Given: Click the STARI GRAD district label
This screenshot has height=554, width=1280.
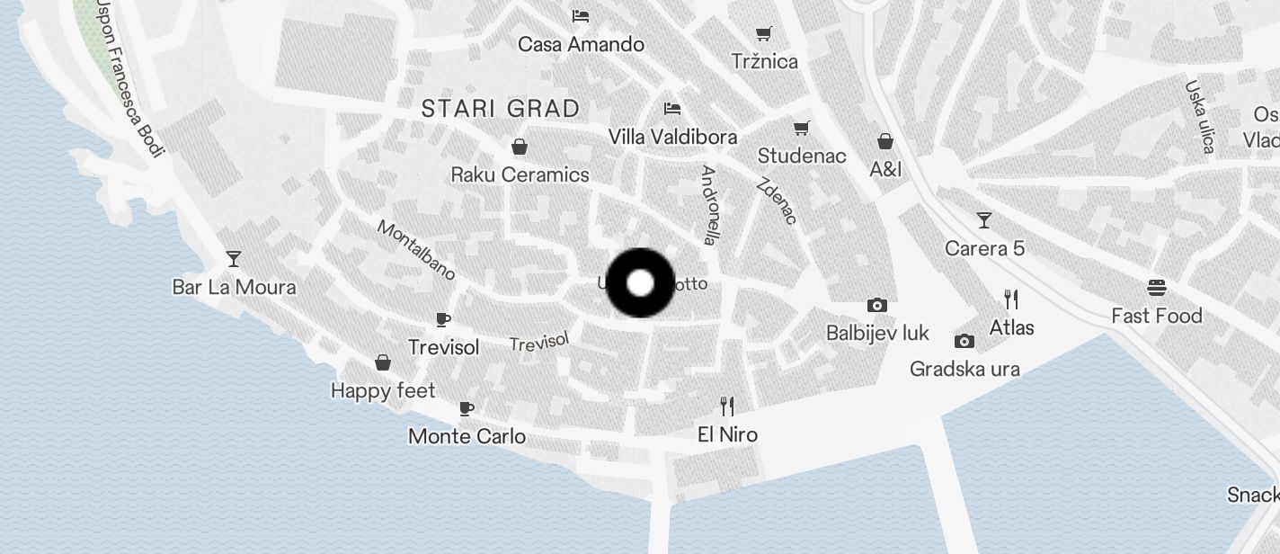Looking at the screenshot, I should (501, 109).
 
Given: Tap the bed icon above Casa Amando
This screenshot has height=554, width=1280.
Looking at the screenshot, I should (581, 16).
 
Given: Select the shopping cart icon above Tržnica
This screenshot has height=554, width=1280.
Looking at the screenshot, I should (764, 34).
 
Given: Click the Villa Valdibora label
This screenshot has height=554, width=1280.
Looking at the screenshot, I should (672, 137).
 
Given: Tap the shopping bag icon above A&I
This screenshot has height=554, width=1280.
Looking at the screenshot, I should (885, 141).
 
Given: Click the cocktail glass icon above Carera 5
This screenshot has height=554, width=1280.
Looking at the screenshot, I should (984, 220).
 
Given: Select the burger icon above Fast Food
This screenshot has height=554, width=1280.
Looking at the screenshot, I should (1157, 288).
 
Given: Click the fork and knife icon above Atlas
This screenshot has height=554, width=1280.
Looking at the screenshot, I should (1012, 299).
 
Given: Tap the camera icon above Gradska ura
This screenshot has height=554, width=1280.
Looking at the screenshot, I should (964, 341).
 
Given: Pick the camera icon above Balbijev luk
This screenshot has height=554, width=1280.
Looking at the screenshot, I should (877, 305).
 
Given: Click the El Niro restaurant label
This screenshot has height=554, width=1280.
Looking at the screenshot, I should (727, 434).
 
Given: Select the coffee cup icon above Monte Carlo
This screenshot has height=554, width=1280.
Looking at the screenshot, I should (467, 408).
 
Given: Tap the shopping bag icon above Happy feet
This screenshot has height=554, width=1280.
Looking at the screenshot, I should (383, 362).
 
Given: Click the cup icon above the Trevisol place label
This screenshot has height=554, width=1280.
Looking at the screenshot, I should (443, 319).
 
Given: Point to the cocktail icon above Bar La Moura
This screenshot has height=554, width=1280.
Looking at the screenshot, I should (234, 259).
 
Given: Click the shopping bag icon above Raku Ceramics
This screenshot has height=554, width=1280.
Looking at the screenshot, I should (520, 147).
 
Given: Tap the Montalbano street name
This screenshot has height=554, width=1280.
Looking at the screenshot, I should (416, 250).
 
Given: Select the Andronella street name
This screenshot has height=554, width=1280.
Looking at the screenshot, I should (710, 205).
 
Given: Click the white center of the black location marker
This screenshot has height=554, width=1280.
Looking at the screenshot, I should (640, 283).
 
